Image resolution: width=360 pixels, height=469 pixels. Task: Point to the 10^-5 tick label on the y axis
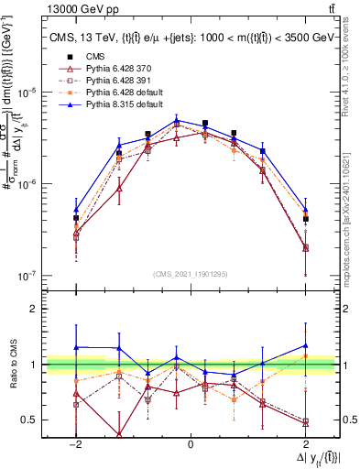[x=30, y=93]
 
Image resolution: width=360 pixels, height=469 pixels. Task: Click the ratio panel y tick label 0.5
[x=30, y=420]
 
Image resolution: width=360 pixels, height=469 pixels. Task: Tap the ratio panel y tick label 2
[x=35, y=309]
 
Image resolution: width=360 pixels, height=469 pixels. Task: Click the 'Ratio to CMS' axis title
[x=12, y=364]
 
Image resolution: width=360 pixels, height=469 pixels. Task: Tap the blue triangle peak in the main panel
[x=177, y=120]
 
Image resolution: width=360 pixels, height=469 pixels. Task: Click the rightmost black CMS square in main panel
[x=305, y=219]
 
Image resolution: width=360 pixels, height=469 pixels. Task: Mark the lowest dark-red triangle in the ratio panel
[x=119, y=434]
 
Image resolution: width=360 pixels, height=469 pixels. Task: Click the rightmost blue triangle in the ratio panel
[x=305, y=346]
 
